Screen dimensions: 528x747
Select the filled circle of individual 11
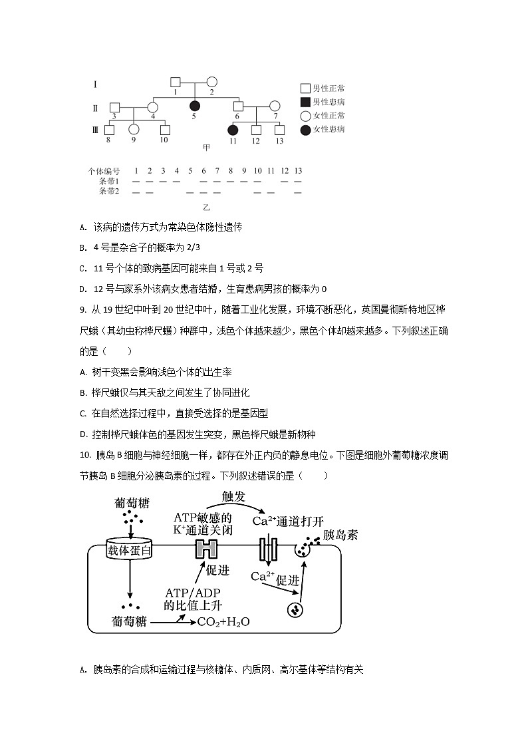[x=233, y=130]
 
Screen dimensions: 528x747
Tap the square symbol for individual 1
[x=176, y=82]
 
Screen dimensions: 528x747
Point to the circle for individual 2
[x=211, y=82]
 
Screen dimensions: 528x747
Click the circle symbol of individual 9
[x=134, y=130]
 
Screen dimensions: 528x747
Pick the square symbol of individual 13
[x=279, y=130]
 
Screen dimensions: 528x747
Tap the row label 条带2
[x=108, y=192]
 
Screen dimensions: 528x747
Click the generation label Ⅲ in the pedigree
[x=95, y=130]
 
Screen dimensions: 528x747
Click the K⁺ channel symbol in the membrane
[x=205, y=549]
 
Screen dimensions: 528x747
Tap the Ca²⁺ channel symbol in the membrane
[x=268, y=549]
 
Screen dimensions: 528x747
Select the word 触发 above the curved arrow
[x=237, y=496]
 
